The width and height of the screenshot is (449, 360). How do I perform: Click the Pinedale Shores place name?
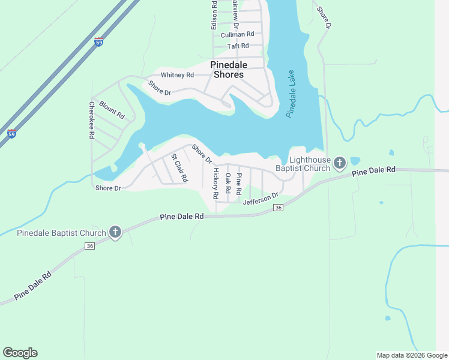click(x=227, y=70)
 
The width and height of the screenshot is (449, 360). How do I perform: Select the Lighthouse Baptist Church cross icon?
click(x=340, y=163)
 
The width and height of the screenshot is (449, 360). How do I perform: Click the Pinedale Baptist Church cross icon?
click(x=115, y=232)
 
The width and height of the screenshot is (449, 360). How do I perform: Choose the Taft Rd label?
click(x=238, y=46)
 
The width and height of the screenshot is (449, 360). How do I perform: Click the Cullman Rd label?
click(x=237, y=35)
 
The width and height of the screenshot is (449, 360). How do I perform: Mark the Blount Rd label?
click(x=112, y=110)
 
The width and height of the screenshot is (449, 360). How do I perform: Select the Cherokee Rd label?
click(x=92, y=120)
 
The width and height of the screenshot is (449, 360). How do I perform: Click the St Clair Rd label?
click(x=179, y=169)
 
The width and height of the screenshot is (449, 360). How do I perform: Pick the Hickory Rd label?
click(x=215, y=184)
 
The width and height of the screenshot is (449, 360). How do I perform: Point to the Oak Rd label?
click(x=228, y=183)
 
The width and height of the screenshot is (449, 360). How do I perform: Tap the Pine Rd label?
click(x=238, y=183)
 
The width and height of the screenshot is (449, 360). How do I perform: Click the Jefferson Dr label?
click(x=261, y=199)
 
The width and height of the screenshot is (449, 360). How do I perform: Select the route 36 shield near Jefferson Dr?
click(x=278, y=207)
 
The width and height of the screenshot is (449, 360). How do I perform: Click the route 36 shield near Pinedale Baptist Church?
click(x=90, y=246)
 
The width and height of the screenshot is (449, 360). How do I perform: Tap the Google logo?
click(x=20, y=353)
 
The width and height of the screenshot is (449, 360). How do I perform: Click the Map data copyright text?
click(x=411, y=355)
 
